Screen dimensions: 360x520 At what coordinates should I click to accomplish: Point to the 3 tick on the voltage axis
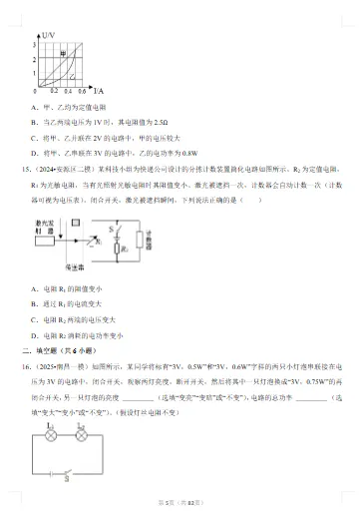[x=36, y=46]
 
